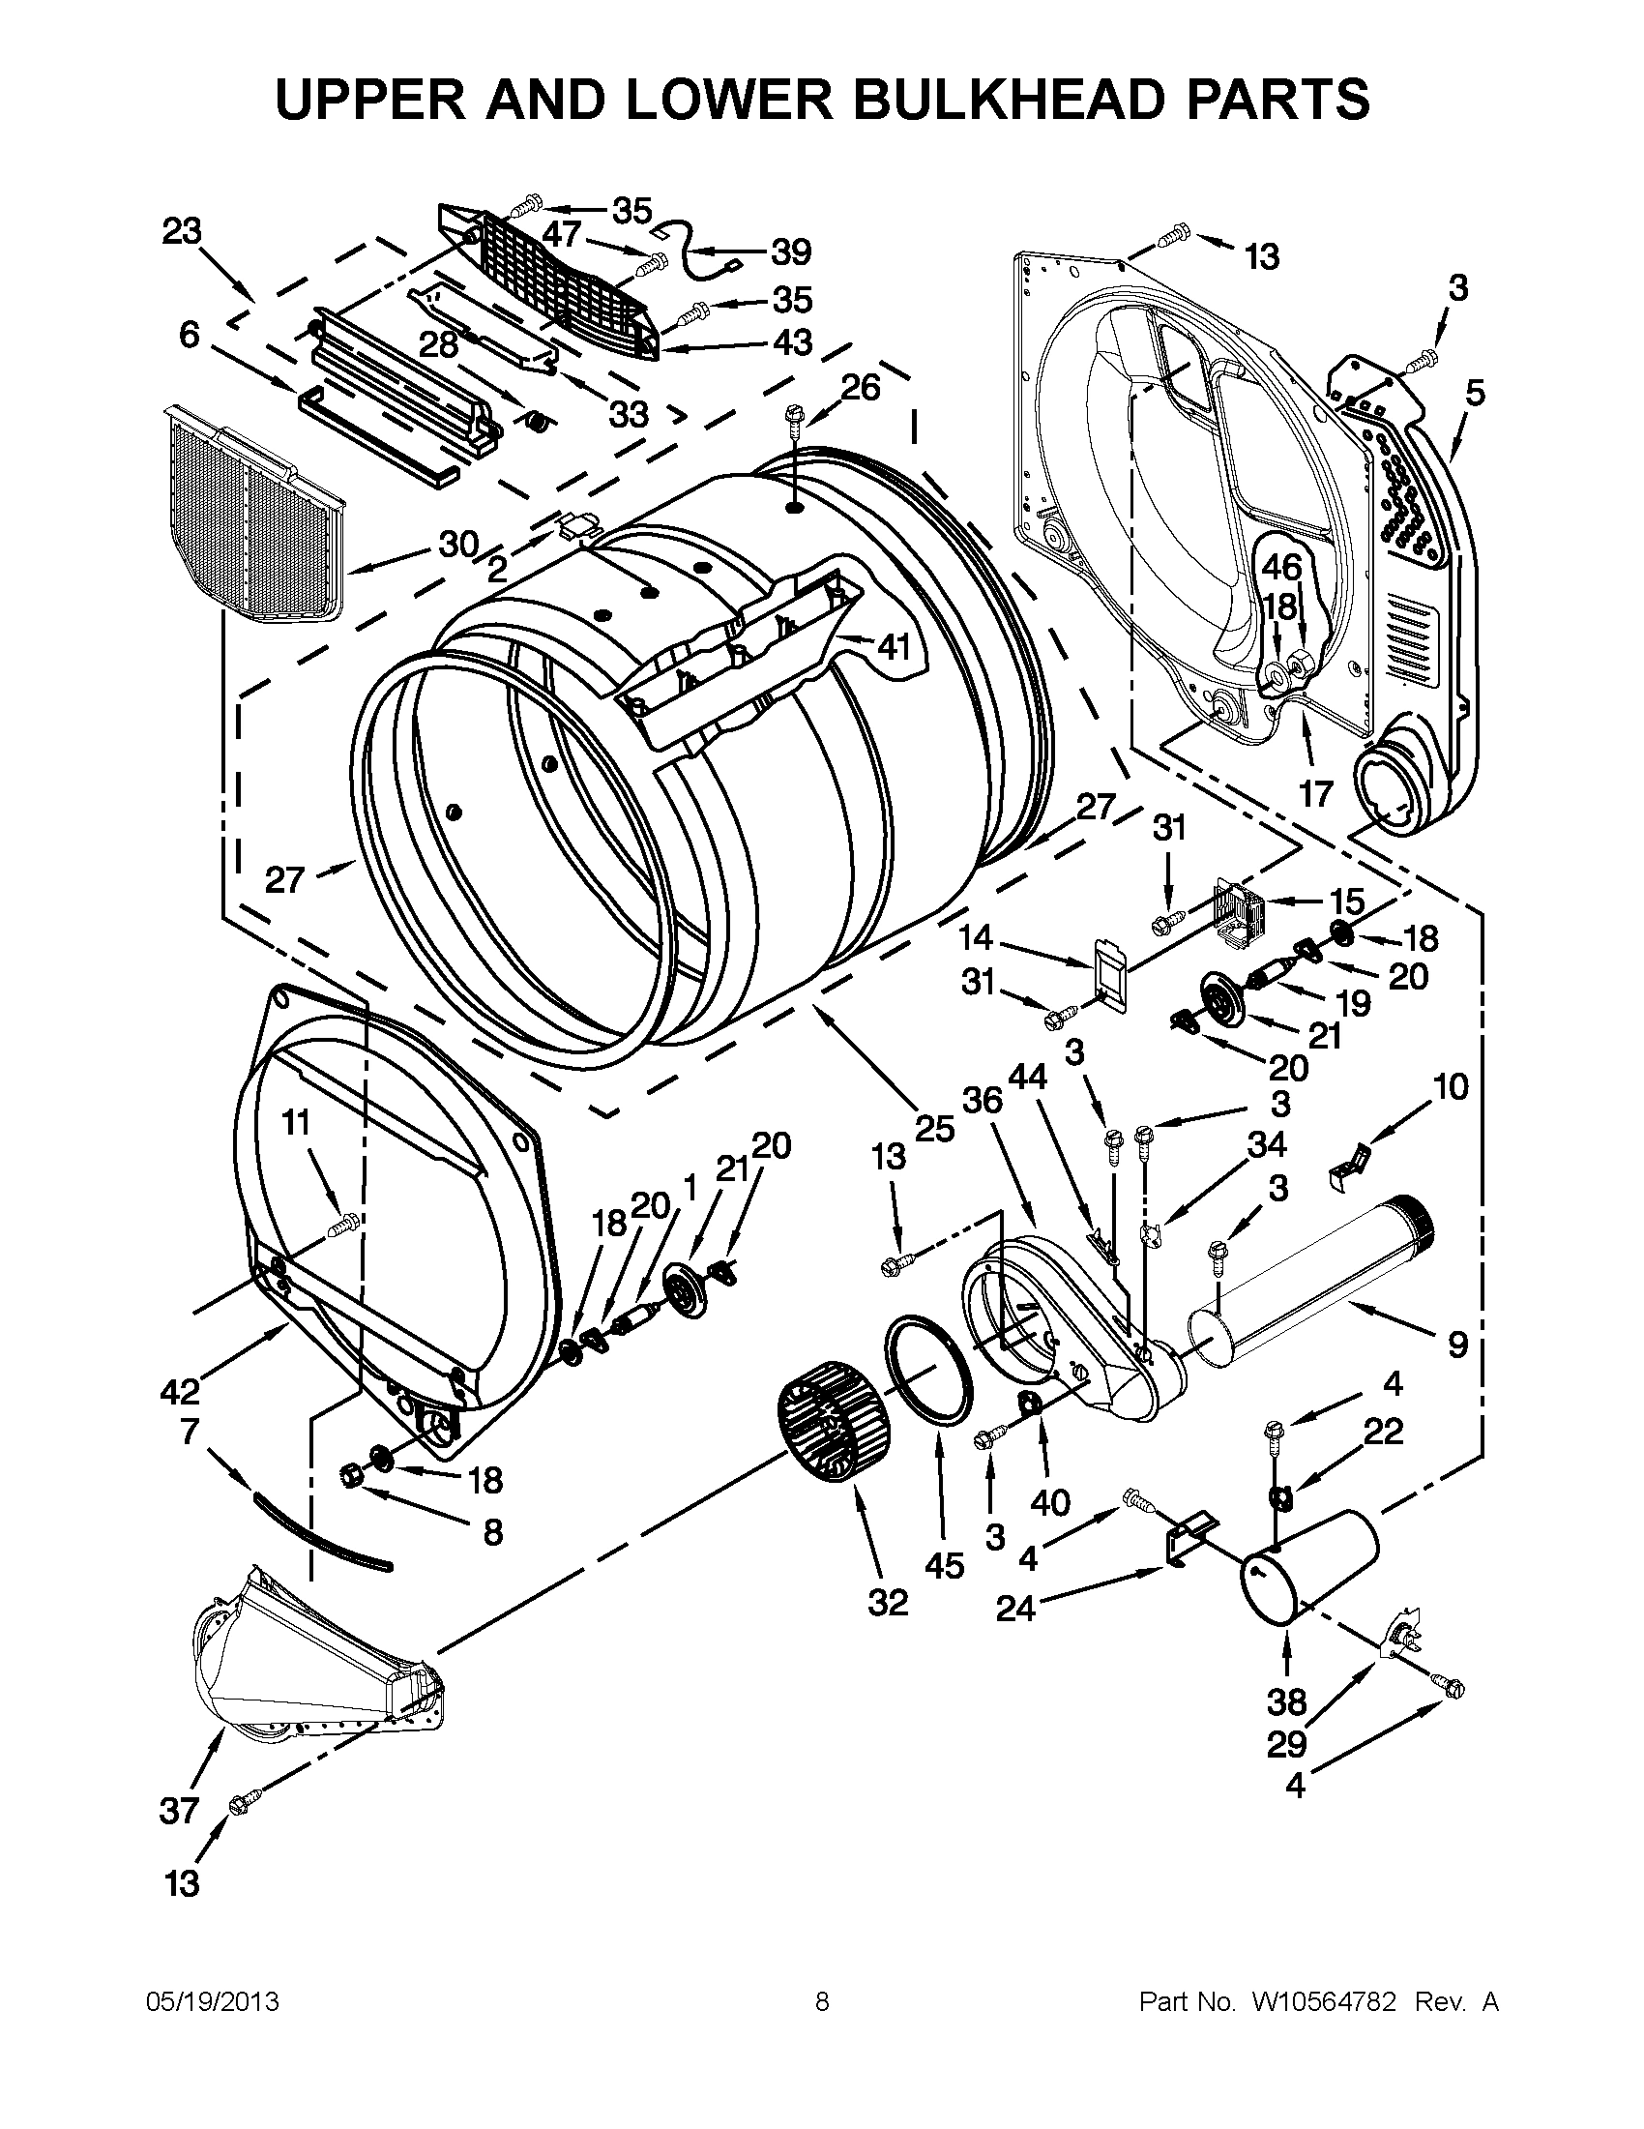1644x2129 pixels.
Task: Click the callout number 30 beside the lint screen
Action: (458, 544)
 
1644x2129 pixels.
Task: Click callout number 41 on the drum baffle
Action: (893, 645)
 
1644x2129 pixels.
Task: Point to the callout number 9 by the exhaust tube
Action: (1457, 1345)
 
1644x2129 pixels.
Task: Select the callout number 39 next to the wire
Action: (790, 252)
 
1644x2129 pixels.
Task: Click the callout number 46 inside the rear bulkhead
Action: (1282, 568)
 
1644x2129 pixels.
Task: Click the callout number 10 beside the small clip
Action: (1451, 1087)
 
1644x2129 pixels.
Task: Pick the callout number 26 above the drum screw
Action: (861, 387)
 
